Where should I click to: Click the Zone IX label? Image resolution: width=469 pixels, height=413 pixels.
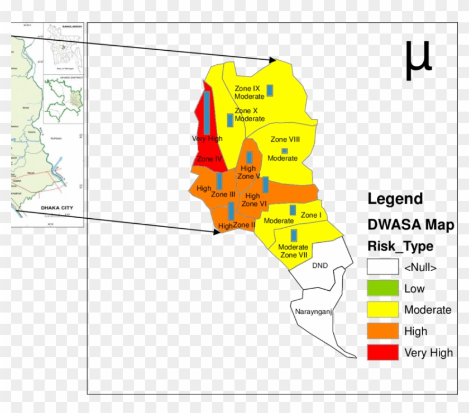click(x=247, y=88)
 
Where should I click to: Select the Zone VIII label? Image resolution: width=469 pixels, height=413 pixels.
click(x=286, y=140)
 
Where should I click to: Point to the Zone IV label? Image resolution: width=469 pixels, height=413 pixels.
click(x=210, y=159)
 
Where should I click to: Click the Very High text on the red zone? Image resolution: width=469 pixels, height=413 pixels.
click(x=207, y=138)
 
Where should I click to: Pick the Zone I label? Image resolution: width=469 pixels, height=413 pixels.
click(x=311, y=215)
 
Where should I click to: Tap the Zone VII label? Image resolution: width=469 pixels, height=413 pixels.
click(x=293, y=255)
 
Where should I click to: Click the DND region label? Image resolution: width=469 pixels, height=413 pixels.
click(x=320, y=265)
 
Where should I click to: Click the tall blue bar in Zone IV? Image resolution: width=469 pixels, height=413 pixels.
click(x=207, y=112)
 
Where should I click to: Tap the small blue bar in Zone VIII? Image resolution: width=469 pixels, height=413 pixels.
click(x=285, y=151)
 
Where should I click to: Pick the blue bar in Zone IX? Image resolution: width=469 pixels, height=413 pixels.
click(x=270, y=90)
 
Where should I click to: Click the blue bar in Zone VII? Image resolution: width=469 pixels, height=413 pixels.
click(x=294, y=235)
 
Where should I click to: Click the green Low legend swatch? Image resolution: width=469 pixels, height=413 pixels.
click(x=382, y=289)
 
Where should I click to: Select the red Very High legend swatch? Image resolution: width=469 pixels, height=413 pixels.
click(x=382, y=353)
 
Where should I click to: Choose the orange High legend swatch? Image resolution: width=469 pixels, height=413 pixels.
click(x=382, y=332)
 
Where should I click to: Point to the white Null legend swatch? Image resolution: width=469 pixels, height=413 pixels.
click(x=382, y=267)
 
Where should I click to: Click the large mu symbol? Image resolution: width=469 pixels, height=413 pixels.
click(x=418, y=60)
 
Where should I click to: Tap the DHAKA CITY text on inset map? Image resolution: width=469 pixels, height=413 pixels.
click(x=57, y=208)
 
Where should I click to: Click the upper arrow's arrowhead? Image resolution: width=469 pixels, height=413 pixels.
click(x=273, y=60)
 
